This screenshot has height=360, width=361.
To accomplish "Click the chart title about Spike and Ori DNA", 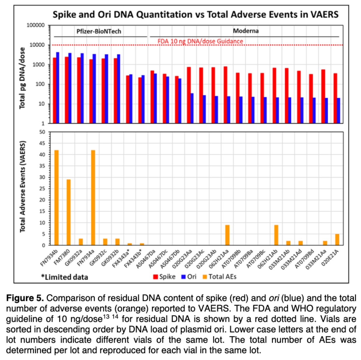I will pos(195,14).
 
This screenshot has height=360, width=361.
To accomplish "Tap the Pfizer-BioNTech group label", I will pos(99,31).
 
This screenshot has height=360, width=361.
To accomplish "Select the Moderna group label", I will pos(246,31).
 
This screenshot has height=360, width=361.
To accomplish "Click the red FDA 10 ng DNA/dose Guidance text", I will pos(200,41).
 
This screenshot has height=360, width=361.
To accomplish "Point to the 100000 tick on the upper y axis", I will pos(36,25).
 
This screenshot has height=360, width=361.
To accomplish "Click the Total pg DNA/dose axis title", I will pos(22,78).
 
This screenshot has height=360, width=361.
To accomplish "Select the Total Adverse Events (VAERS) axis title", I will pos(22,187).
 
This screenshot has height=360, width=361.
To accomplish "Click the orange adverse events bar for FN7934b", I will pos(57,197).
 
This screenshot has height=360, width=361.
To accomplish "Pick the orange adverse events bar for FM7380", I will pos(68,212).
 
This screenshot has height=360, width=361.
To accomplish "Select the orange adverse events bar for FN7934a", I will pos(93,197).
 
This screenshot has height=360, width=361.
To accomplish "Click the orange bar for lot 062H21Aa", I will pos(227,235).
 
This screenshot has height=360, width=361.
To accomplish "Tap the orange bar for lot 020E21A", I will pos(337,239).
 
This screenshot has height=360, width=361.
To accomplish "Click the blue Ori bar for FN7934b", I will pos(58,87).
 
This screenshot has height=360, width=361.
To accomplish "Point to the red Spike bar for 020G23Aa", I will pos(189,95).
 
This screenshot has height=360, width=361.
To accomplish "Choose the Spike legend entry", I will pos(164,277).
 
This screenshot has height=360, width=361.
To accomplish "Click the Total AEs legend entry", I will pos(219,277).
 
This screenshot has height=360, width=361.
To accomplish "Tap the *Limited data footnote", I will pos(64,277).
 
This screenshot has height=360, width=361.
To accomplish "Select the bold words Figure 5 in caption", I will pos(25,298).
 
